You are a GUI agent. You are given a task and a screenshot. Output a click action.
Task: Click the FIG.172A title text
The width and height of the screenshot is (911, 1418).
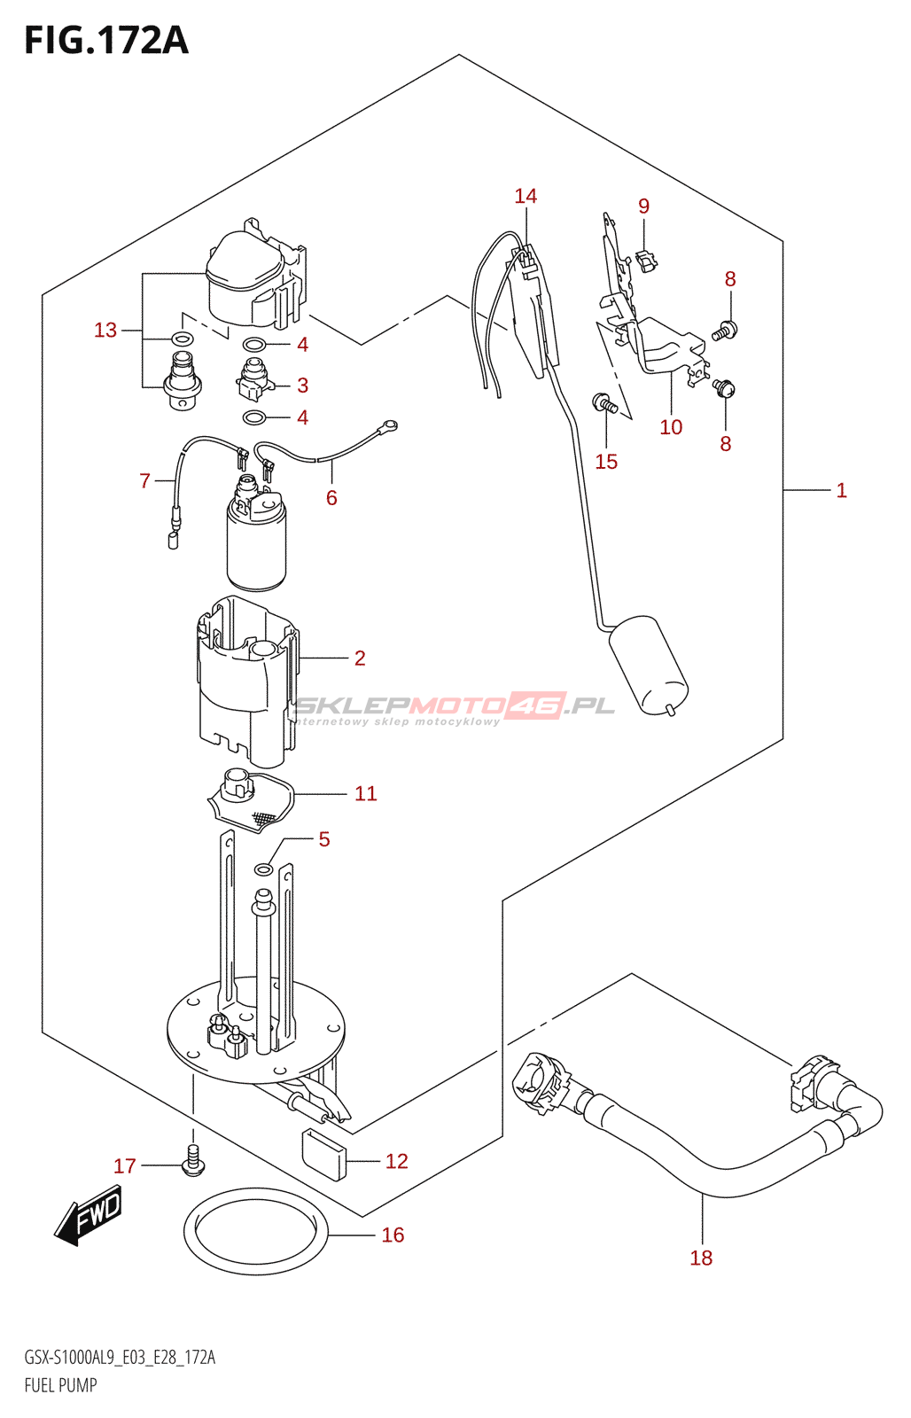point(106,40)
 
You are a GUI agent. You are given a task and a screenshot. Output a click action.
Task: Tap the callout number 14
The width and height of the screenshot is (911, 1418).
point(526,196)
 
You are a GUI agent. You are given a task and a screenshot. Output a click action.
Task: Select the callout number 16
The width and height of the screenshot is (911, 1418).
point(393,1235)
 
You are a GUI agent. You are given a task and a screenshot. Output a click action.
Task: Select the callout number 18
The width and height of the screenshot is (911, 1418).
point(701,1258)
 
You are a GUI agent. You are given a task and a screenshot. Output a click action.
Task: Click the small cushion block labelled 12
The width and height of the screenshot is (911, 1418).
point(323,1155)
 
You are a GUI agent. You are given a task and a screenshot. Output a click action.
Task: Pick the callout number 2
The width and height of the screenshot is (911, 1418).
point(360,658)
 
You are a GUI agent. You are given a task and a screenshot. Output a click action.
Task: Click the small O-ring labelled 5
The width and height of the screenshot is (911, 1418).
point(264,869)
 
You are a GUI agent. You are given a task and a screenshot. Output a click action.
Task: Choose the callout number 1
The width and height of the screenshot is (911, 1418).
point(841,490)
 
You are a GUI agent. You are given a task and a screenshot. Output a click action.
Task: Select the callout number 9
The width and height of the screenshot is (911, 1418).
point(643,206)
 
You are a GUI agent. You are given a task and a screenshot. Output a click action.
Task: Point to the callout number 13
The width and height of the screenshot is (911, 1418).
point(105,330)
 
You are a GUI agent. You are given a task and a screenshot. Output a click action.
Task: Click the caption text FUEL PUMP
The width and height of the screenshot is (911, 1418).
point(60,1385)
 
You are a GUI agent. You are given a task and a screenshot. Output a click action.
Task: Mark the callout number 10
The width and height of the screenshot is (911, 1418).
point(671,427)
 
